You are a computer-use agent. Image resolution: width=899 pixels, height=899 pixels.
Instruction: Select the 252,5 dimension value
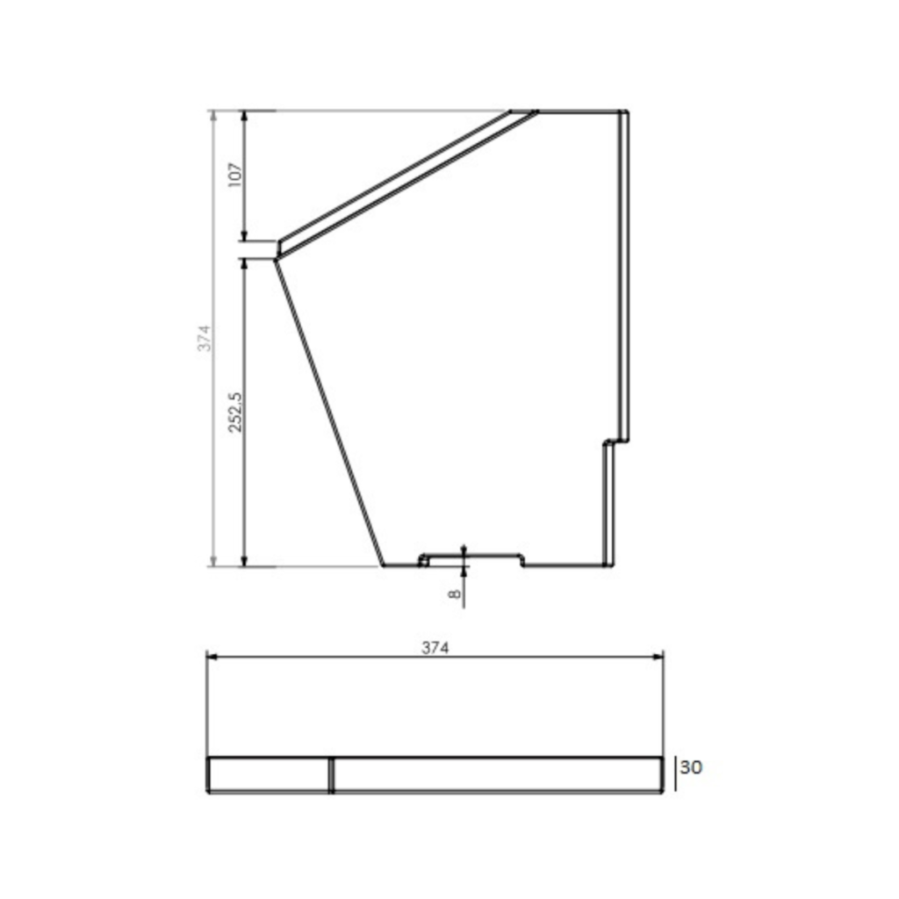coord(234,413)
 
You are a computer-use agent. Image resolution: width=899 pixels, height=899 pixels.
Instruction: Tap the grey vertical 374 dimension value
coord(204,339)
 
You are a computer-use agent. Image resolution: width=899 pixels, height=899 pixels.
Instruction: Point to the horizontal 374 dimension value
coord(435,649)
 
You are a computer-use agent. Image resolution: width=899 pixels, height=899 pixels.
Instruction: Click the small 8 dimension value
coord(454,593)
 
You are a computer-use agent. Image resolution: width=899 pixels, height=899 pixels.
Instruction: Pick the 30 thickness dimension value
coord(691,767)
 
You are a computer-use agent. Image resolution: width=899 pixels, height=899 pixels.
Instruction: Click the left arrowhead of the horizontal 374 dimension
coord(210,655)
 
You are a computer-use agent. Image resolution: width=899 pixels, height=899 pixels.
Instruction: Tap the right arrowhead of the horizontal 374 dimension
coord(659,655)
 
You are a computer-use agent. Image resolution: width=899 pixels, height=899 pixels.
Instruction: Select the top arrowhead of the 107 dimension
coord(245,116)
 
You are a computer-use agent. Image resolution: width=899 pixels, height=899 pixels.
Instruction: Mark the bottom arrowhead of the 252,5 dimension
coord(245,561)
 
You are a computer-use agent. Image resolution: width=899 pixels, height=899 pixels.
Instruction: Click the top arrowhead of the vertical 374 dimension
coord(212,116)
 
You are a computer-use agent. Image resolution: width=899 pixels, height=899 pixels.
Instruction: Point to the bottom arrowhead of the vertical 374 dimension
coord(212,561)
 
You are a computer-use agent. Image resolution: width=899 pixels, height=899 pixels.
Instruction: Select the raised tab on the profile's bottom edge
coord(471,557)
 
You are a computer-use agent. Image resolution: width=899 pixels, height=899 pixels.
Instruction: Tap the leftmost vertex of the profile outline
coord(276,257)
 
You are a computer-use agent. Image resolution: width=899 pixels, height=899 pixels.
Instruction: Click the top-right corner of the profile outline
coord(627,111)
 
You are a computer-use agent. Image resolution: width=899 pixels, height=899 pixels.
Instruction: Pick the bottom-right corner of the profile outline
coord(611,565)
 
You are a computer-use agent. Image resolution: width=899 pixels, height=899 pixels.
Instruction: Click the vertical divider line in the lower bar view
coord(331,775)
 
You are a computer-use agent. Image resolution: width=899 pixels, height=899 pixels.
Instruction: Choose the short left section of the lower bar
coord(269,775)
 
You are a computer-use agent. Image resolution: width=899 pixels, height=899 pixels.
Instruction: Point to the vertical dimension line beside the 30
coord(675,774)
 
